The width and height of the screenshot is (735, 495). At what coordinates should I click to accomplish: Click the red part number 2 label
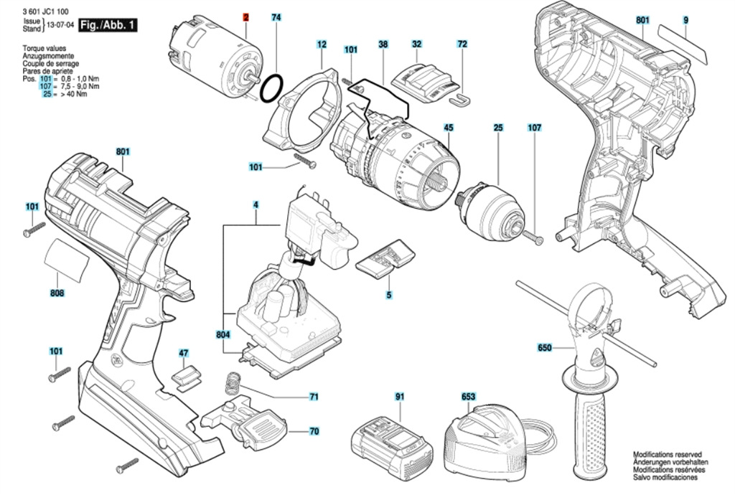point(245,16)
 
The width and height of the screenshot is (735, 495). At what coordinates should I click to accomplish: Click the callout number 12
point(321,44)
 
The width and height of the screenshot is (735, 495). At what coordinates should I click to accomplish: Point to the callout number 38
point(383,44)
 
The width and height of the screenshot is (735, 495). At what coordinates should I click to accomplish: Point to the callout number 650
point(545,349)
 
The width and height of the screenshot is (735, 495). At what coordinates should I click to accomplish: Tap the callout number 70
point(314,432)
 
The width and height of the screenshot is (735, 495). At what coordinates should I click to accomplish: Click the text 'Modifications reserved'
point(666,455)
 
